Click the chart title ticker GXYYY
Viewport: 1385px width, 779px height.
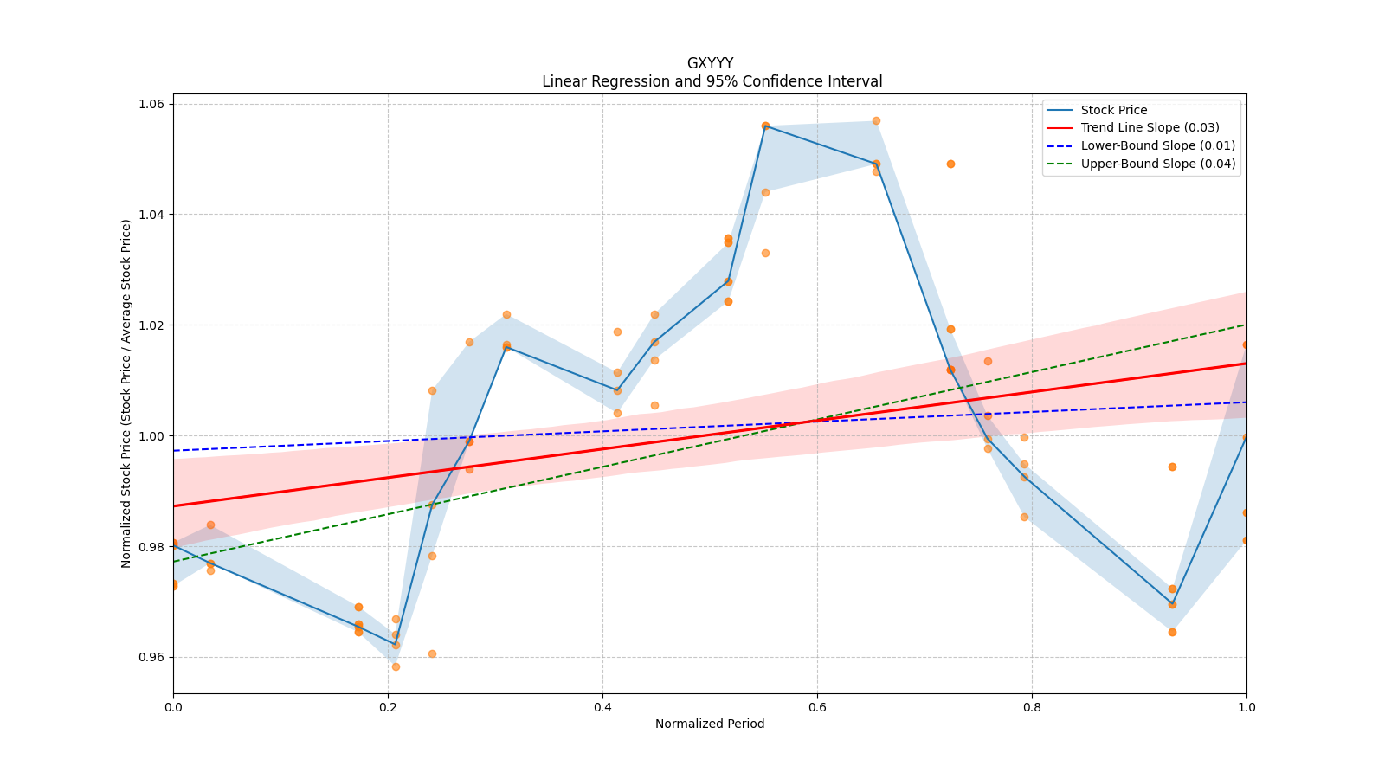click(710, 63)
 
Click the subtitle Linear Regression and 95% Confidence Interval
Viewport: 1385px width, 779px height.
click(712, 81)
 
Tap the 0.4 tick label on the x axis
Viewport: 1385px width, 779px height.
click(602, 706)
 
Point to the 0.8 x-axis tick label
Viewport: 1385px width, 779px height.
click(1032, 706)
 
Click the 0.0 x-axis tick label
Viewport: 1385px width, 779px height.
click(173, 706)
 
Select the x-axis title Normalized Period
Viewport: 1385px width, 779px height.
click(710, 724)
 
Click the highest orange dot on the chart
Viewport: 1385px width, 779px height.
click(876, 120)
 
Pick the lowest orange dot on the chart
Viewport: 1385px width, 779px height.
click(396, 667)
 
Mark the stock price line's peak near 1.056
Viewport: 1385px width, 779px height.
click(765, 126)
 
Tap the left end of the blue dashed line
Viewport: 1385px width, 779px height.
click(174, 451)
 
